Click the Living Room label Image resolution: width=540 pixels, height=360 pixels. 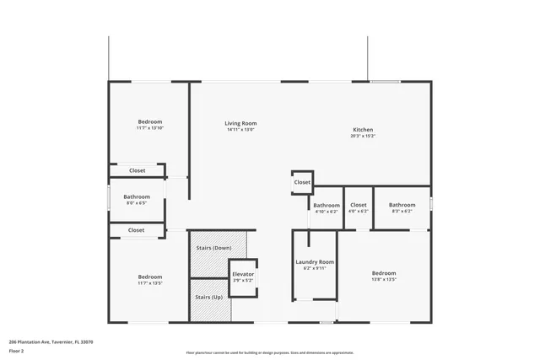tap(240, 123)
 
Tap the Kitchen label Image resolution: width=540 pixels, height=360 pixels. tap(362, 129)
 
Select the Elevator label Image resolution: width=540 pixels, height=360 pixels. tap(243, 274)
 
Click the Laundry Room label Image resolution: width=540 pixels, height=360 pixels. tap(315, 262)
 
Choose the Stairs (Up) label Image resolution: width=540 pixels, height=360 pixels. tap(208, 298)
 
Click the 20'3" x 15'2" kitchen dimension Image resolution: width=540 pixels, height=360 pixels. tap(362, 136)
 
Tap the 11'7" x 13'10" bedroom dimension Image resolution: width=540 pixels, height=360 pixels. tap(150, 128)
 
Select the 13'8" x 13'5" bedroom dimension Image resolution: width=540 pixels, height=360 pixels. tap(384, 280)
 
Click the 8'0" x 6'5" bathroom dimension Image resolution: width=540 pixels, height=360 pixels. tap(137, 203)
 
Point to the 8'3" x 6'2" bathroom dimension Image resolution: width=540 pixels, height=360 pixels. tap(402, 211)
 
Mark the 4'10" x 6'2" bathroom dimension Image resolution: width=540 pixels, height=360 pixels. tap(327, 211)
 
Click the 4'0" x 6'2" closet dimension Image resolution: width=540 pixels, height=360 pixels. tap(359, 211)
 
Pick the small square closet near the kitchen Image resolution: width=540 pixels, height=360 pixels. tap(302, 182)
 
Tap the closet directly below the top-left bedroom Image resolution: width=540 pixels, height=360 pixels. tap(137, 170)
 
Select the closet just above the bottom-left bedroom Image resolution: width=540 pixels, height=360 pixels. tap(137, 229)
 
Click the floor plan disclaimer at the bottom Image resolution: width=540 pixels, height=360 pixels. tap(275, 352)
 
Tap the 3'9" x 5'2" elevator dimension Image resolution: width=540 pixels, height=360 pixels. tap(243, 280)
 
